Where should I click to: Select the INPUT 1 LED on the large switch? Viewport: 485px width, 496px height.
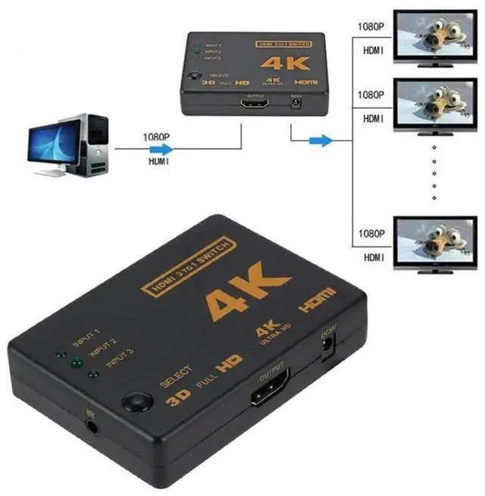point(59,353)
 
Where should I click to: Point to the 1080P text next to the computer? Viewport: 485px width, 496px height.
point(156,138)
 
